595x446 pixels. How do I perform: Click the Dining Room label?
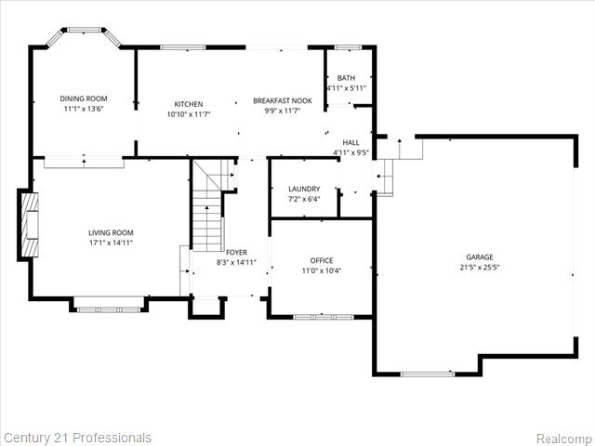click(84, 98)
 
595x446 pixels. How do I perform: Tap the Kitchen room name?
click(189, 104)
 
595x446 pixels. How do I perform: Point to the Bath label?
click(346, 78)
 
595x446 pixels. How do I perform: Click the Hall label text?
click(350, 143)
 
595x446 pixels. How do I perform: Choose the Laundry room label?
click(304, 189)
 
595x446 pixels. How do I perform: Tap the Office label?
click(322, 260)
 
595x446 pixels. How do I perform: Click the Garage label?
click(480, 257)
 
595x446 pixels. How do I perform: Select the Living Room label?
click(111, 233)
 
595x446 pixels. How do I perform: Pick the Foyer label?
click(236, 252)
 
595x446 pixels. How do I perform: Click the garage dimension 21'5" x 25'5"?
click(480, 268)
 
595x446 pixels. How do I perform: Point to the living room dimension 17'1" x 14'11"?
click(111, 243)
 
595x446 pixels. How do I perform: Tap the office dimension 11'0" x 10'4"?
click(322, 270)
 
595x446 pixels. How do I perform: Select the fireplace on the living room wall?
click(30, 223)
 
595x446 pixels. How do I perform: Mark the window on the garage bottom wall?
click(428, 374)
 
